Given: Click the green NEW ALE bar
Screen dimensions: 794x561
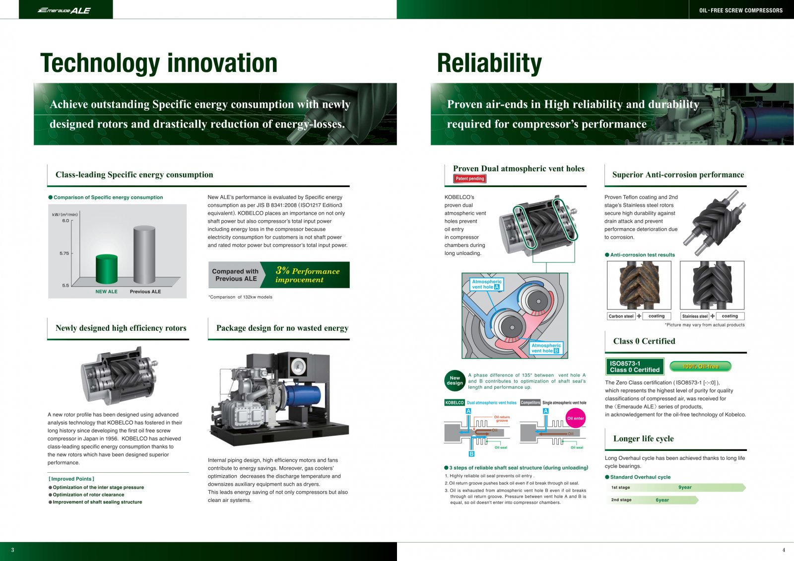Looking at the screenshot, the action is [107, 269].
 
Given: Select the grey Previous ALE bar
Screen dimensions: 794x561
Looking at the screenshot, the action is [144, 254].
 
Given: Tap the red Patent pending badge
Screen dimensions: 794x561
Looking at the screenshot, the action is [469, 179].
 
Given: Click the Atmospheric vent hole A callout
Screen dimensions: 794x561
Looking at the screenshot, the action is [486, 284].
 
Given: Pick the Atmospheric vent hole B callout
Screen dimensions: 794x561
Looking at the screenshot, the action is [546, 348].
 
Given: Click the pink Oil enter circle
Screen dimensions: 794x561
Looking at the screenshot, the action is [575, 418].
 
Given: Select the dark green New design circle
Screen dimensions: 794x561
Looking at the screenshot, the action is [455, 380].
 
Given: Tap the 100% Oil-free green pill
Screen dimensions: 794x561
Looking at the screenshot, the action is [700, 366].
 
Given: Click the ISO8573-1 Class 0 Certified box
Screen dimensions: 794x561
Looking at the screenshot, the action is [635, 367].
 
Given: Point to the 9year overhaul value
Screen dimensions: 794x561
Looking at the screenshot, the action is [685, 487].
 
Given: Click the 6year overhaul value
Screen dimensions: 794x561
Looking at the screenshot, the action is [662, 500].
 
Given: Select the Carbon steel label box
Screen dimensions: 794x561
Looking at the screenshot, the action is [621, 316].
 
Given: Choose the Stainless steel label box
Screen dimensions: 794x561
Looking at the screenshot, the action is [695, 316].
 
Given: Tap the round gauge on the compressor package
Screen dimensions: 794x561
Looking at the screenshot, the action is [298, 367].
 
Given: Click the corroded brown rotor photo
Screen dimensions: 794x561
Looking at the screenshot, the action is [639, 285].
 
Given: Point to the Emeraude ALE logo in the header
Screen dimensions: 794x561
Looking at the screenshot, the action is [64, 10].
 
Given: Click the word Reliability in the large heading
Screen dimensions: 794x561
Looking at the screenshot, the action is [489, 63].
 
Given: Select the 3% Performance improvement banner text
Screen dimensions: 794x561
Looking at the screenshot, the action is [307, 275].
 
